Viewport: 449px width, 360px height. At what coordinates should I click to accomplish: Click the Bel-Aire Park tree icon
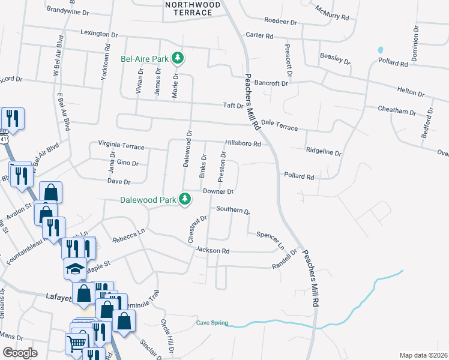click(178, 58)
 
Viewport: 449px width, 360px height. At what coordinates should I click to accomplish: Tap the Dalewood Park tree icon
click(186, 198)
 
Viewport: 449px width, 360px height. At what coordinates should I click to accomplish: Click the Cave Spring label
click(212, 323)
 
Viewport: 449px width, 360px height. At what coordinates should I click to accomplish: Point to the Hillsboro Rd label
click(243, 144)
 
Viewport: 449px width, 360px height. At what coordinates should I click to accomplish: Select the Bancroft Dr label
click(272, 83)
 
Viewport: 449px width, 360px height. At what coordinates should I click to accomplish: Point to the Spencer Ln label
click(270, 239)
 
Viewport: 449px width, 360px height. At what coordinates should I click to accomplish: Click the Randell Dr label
click(285, 259)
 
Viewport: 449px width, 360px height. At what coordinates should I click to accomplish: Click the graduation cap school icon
click(74, 269)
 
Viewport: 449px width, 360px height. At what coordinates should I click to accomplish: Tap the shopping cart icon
click(76, 344)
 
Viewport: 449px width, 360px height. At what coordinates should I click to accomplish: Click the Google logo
click(20, 353)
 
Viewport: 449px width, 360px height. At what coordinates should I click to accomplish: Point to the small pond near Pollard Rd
click(380, 49)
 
